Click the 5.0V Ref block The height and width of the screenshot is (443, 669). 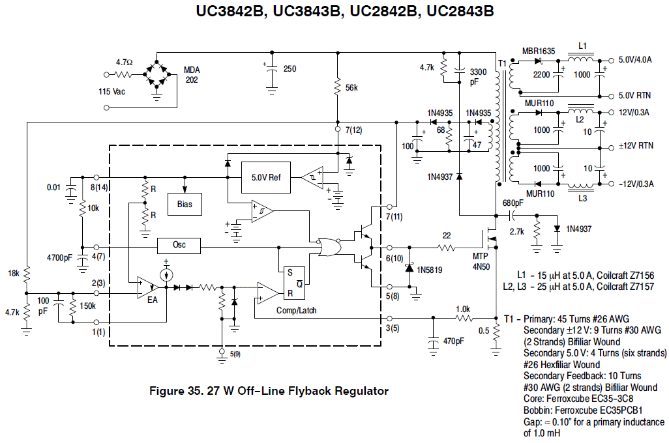(x=266, y=177)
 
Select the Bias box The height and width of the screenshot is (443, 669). (x=185, y=204)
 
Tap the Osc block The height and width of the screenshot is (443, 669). (x=179, y=245)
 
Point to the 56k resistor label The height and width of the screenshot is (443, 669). (x=351, y=88)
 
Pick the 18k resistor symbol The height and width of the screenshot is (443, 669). (x=27, y=274)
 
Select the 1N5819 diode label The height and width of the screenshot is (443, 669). (x=429, y=270)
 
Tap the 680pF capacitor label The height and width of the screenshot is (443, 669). (x=513, y=203)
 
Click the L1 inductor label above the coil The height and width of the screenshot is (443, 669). (x=583, y=46)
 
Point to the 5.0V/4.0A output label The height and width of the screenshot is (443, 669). (x=635, y=60)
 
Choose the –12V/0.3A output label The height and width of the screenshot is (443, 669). (x=636, y=184)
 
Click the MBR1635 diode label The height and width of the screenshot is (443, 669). (x=539, y=51)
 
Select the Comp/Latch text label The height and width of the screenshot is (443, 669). (x=296, y=310)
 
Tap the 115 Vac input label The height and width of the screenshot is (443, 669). (x=111, y=92)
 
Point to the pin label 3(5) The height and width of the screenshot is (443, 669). (x=393, y=328)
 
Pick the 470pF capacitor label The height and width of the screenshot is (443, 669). (x=454, y=341)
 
